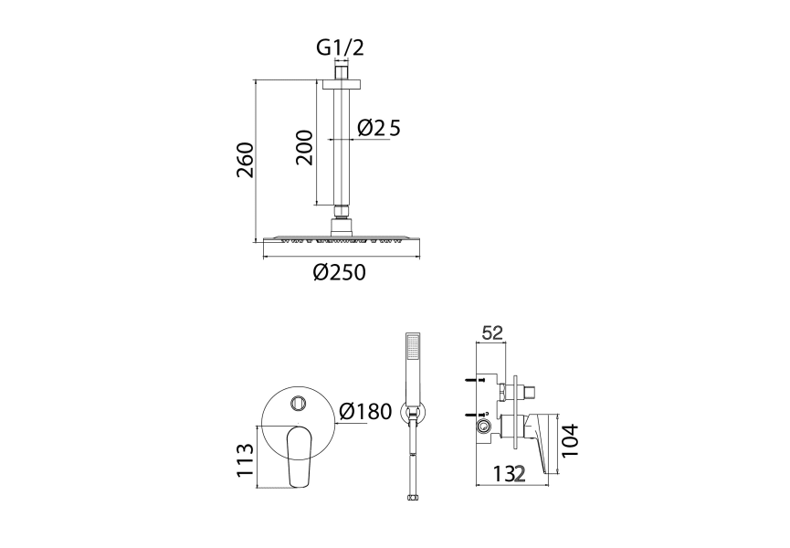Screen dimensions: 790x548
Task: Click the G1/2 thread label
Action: (x=340, y=47)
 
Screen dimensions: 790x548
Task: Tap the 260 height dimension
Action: (x=246, y=160)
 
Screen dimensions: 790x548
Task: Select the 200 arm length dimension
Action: (x=304, y=147)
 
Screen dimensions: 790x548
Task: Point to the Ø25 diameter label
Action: (x=379, y=128)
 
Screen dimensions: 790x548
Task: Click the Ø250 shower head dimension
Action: (x=339, y=272)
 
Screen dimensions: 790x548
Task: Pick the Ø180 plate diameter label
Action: (x=365, y=412)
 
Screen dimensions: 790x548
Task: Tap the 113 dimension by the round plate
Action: (x=246, y=459)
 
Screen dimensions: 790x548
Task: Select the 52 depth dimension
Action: (x=493, y=333)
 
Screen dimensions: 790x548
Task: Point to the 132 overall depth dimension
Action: (x=510, y=474)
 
